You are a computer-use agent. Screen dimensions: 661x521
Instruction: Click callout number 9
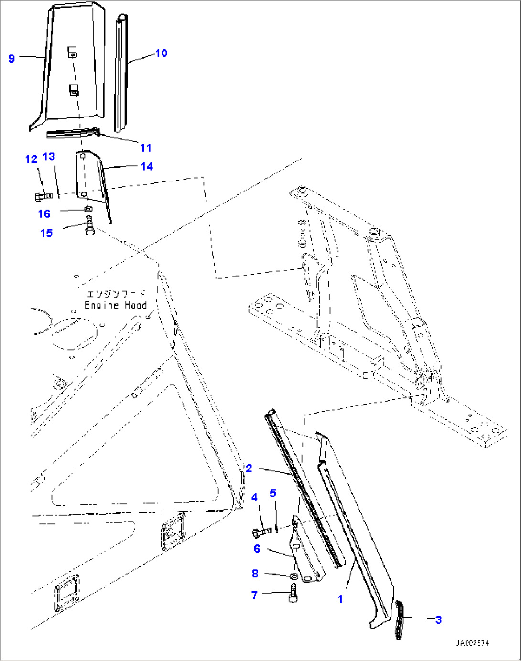(x=11, y=58)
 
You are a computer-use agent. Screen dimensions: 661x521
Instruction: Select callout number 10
(x=162, y=53)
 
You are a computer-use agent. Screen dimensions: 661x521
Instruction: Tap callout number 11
(x=146, y=148)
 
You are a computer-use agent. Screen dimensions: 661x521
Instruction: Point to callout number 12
(x=31, y=159)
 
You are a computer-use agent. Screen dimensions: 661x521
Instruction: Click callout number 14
(x=147, y=166)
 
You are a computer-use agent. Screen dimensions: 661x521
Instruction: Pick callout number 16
(x=44, y=213)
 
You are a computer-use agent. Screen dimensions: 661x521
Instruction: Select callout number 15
(x=46, y=233)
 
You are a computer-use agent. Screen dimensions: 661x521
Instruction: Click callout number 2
(x=249, y=468)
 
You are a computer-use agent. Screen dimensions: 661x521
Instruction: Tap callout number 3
(x=438, y=620)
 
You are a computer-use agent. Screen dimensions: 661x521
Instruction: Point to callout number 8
(x=255, y=573)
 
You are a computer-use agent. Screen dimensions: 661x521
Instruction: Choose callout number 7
(x=254, y=595)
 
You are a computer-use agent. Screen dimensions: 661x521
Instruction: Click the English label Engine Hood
(x=116, y=305)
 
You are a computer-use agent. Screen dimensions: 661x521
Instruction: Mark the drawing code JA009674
(x=472, y=643)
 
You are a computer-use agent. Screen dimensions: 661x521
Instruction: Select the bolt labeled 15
(x=89, y=226)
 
